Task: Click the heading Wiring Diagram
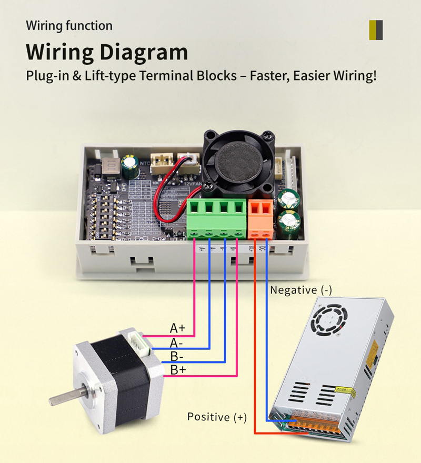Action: [x=107, y=52]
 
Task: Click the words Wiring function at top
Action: [x=69, y=25]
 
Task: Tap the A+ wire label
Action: [x=177, y=328]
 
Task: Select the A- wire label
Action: [x=176, y=343]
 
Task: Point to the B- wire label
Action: [x=177, y=356]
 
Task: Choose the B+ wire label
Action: [x=177, y=370]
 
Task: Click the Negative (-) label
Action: [x=301, y=290]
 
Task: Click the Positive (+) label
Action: [x=217, y=417]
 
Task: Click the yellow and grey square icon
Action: [x=376, y=31]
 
